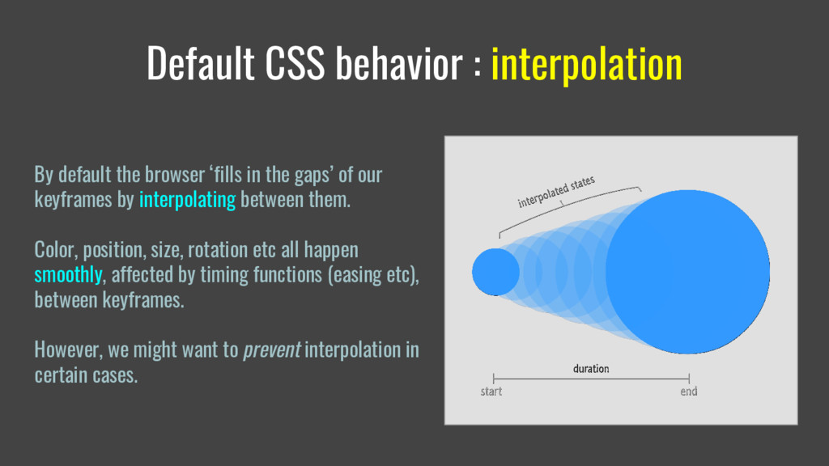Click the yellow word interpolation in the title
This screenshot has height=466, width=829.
(x=586, y=64)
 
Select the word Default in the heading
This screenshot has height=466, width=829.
(x=201, y=63)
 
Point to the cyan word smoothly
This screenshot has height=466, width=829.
(x=68, y=275)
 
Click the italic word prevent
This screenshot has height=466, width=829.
(x=271, y=350)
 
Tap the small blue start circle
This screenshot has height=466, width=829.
(x=495, y=272)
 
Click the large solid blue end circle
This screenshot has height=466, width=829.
(x=687, y=272)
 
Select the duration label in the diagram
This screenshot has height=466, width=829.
(x=591, y=369)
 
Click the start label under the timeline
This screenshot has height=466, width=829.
(x=491, y=392)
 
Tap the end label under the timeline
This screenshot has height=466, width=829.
(x=688, y=392)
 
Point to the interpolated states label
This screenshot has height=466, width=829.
(x=556, y=192)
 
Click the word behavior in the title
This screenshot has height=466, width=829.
(x=399, y=63)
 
